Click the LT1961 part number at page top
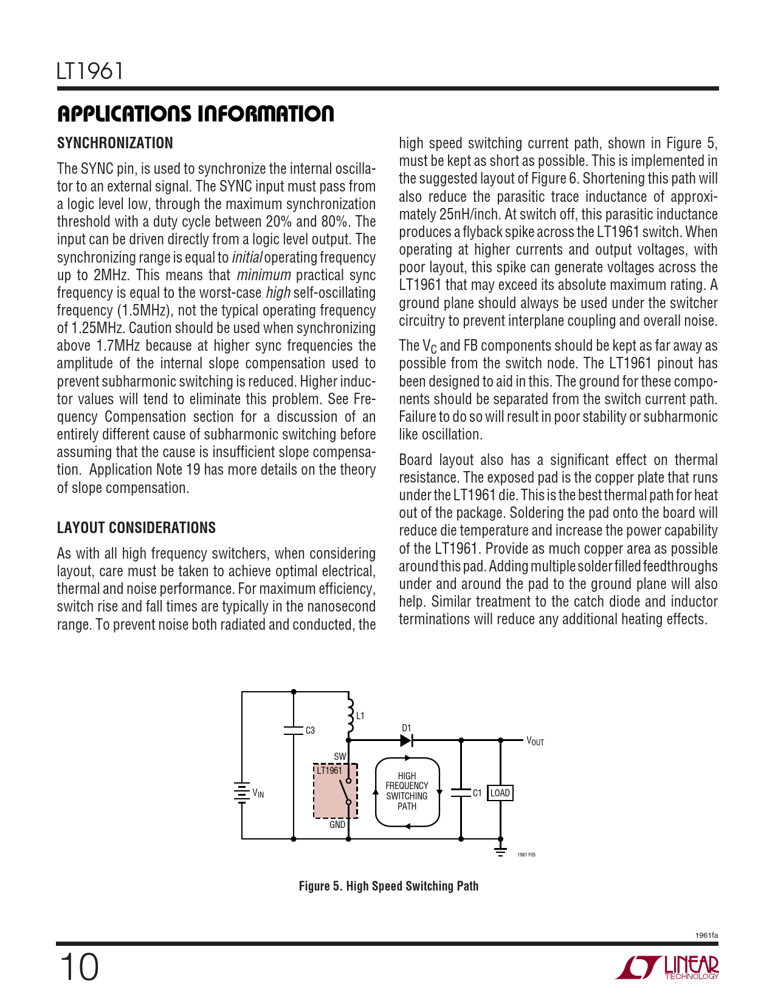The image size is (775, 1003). click(90, 71)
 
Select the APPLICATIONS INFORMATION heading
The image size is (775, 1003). click(195, 114)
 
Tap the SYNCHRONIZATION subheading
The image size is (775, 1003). click(115, 143)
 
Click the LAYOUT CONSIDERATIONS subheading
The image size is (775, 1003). click(136, 528)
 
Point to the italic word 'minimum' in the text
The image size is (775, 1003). click(263, 275)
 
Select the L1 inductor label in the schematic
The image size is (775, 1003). click(360, 715)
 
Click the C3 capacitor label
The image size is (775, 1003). click(310, 730)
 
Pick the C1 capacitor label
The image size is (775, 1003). click(477, 793)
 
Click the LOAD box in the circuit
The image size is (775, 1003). click(500, 793)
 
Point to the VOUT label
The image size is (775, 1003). click(535, 741)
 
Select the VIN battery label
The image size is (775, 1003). click(258, 793)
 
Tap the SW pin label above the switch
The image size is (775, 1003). click(339, 757)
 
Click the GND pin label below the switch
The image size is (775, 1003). click(337, 825)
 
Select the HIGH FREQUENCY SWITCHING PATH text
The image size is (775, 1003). click(407, 791)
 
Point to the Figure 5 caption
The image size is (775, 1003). click(388, 886)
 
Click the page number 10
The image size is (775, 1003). click(79, 967)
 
